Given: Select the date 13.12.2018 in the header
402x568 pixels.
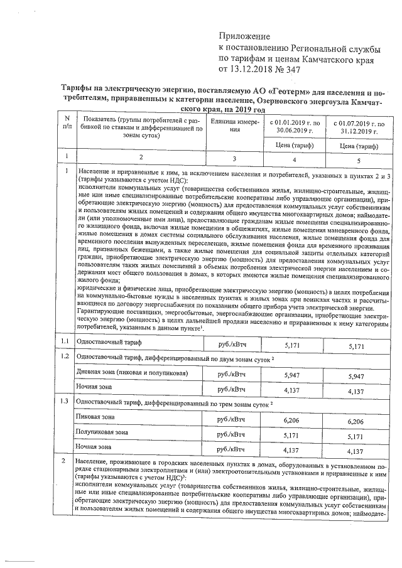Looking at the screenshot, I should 251,70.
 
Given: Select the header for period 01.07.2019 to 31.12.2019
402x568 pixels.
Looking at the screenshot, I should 357,126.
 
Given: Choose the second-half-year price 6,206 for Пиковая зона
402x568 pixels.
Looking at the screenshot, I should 357,419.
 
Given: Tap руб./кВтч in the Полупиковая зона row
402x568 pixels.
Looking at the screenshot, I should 231,434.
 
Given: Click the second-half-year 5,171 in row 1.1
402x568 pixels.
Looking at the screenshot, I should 357,346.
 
